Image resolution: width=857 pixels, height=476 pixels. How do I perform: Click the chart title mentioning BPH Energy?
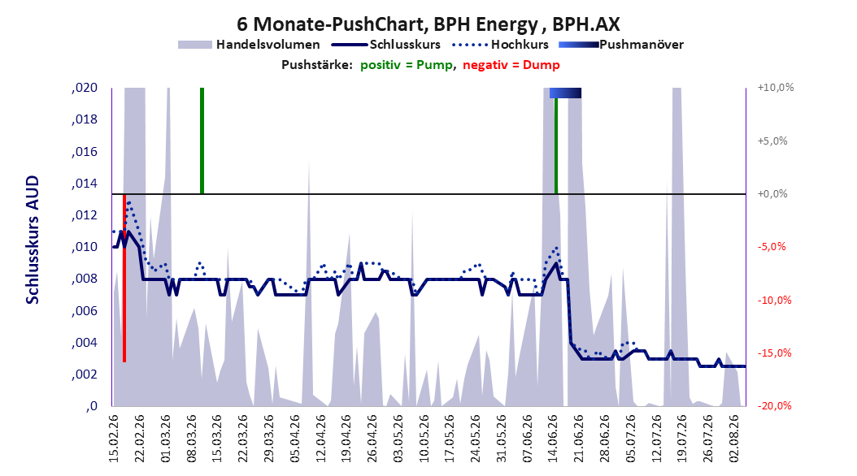click(x=428, y=24)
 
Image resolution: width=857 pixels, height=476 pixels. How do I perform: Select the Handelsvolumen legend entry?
click(x=249, y=45)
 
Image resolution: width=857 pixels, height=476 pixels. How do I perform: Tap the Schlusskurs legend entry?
click(x=386, y=45)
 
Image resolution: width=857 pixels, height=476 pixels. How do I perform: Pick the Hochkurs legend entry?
click(x=500, y=45)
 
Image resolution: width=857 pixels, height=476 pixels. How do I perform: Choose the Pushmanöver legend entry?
click(x=621, y=45)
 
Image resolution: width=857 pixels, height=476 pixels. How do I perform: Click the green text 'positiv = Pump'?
click(x=407, y=65)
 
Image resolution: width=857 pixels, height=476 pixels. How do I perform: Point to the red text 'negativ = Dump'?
click(x=511, y=65)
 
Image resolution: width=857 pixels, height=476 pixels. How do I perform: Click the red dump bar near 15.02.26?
click(x=124, y=277)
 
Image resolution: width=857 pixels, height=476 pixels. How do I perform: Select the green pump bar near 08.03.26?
click(x=202, y=141)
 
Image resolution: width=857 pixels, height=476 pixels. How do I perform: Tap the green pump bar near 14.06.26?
click(x=556, y=145)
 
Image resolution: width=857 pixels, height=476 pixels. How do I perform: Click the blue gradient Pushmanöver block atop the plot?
click(x=565, y=93)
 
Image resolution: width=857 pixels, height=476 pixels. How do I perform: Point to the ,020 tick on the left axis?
click(x=85, y=88)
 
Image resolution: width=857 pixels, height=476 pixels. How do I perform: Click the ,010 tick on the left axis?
click(x=85, y=247)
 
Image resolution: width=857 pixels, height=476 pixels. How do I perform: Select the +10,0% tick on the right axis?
click(x=776, y=88)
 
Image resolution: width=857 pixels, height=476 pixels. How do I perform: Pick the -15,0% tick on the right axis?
click(x=774, y=353)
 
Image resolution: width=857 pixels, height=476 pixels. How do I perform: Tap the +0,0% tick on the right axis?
click(x=772, y=194)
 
